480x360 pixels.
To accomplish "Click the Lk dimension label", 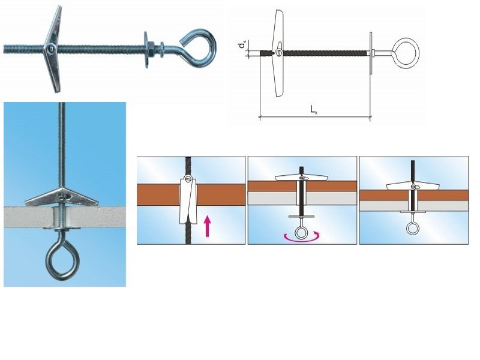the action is click(314, 110).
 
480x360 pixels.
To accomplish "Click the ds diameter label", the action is click(242, 46).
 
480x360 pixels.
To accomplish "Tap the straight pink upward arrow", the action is click(208, 226).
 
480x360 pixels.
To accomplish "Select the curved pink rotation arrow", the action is click(302, 236).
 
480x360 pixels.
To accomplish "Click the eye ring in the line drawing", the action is click(406, 53).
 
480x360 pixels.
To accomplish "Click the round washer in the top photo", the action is click(146, 49).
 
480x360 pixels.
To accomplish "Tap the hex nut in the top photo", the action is click(152, 50).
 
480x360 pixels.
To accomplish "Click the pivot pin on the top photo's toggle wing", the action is click(51, 48).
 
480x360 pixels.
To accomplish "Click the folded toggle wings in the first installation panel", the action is click(188, 199).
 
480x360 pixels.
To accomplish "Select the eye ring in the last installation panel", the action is click(413, 228).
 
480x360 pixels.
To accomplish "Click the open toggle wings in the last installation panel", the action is click(413, 185).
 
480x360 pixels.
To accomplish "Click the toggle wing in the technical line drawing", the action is click(278, 53).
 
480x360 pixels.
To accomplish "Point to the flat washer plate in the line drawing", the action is click(371, 53).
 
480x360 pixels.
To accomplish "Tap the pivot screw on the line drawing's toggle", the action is click(279, 53).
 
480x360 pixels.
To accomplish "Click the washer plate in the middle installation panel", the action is click(302, 217).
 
